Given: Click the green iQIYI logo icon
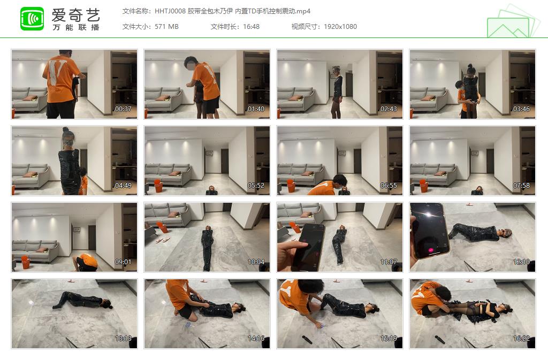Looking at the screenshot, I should point(32,19).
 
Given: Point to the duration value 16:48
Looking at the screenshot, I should point(251,27).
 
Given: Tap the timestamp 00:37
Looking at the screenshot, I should point(123,109).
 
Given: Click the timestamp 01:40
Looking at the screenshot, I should point(256,109).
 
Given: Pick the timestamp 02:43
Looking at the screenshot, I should point(389,109).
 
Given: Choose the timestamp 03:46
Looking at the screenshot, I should point(521,109).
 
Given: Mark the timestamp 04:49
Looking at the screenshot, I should point(123,186).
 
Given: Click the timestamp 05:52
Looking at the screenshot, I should point(256,186).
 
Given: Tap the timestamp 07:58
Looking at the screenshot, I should point(521,186).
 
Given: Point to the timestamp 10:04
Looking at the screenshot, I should point(256,262).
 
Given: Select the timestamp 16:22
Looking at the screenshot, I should point(521,339).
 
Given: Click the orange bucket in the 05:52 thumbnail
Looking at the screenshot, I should point(158,186).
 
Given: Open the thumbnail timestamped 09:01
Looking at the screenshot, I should point(74,237).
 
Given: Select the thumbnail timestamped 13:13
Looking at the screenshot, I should point(74,313).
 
